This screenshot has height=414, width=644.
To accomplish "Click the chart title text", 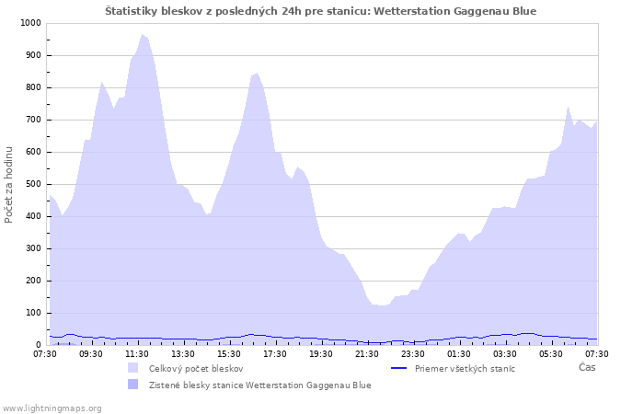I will pyautogui.click(x=320, y=11).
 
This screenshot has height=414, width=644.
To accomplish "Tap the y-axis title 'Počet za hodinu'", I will pyautogui.click(x=9, y=184).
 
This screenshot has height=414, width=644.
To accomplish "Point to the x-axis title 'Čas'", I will pyautogui.click(x=587, y=367).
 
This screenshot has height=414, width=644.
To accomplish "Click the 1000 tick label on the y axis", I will pyautogui.click(x=29, y=23).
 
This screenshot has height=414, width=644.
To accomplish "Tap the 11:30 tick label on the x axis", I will pyautogui.click(x=137, y=353).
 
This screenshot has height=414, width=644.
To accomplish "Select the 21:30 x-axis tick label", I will pyautogui.click(x=367, y=353).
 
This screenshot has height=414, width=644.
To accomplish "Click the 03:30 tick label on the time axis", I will pyautogui.click(x=505, y=353).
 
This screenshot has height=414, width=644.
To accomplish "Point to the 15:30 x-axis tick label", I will pyautogui.click(x=229, y=353).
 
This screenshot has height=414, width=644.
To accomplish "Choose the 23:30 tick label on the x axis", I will pyautogui.click(x=413, y=353).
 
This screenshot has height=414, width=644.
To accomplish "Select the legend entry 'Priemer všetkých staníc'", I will pyautogui.click(x=465, y=368).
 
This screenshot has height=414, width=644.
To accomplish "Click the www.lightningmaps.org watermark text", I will pyautogui.click(x=52, y=408).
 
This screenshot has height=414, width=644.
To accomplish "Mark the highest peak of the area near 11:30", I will pyautogui.click(x=143, y=35).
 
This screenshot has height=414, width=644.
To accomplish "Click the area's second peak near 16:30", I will pyautogui.click(x=257, y=74).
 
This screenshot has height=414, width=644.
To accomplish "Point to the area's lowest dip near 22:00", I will pyautogui.click(x=382, y=305).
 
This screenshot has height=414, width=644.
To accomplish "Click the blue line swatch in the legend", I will pyautogui.click(x=398, y=368).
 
